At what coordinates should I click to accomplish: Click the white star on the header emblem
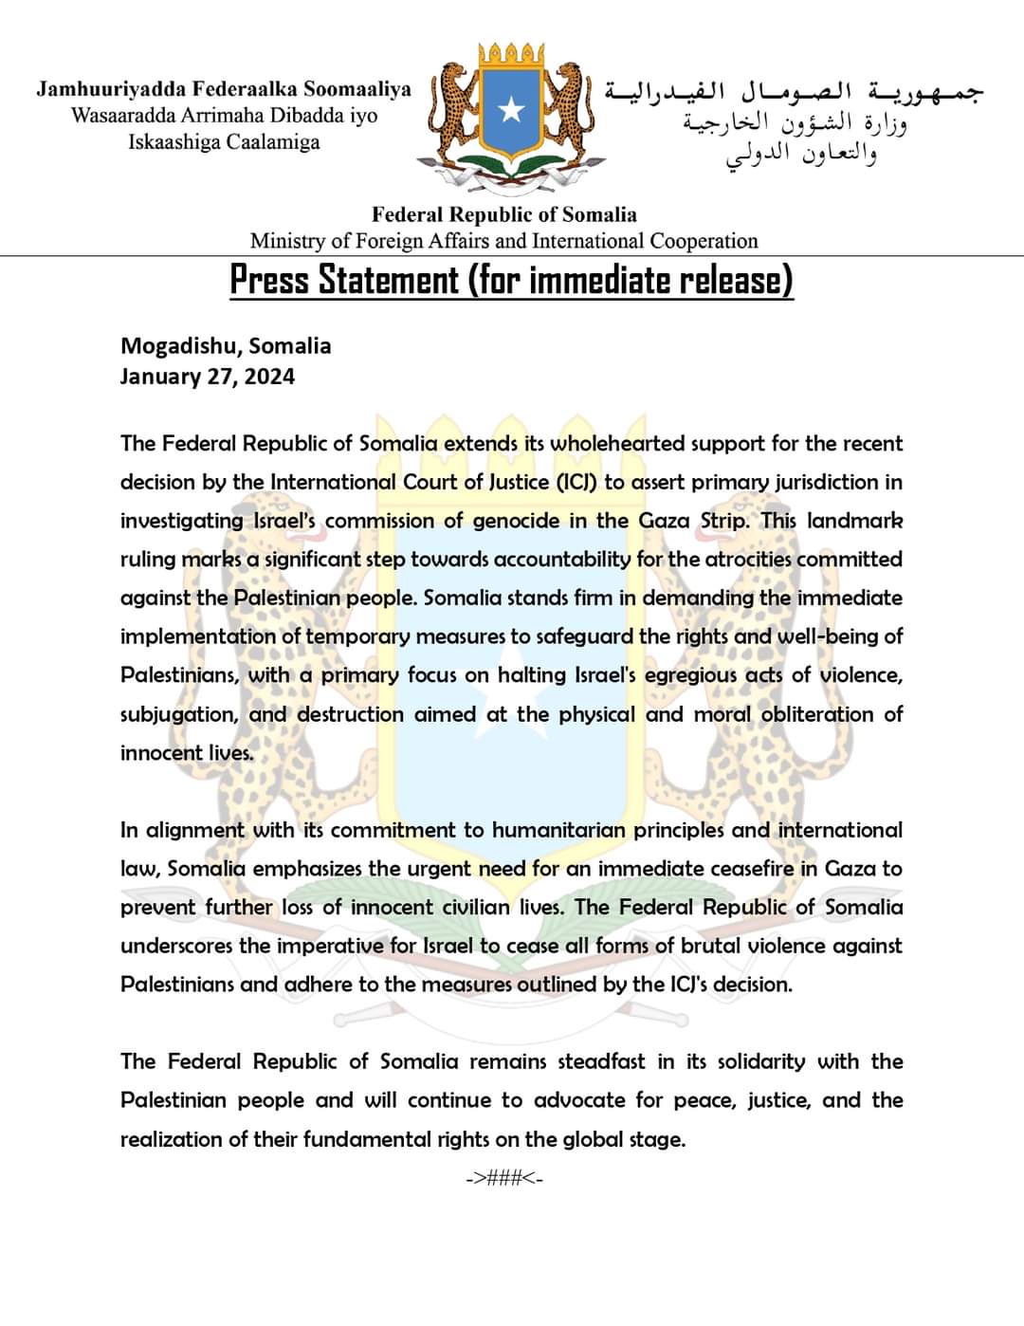pos(512,111)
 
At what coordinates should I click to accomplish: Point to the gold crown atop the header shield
pos(511,55)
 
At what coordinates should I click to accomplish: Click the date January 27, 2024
pos(207,377)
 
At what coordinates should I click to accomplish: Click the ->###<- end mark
pos(503,1178)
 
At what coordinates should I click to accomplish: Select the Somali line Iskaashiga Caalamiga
pos(224,142)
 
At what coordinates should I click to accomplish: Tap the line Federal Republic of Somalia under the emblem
pos(503,214)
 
